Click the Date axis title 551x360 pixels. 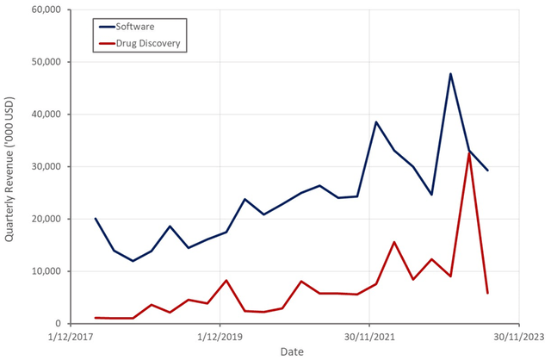[292, 351]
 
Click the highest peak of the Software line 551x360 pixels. [450, 74]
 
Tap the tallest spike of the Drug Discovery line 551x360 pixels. [469, 153]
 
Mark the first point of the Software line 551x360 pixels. [96, 219]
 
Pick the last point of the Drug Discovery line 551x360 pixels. [487, 294]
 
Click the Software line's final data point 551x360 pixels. [487, 171]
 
